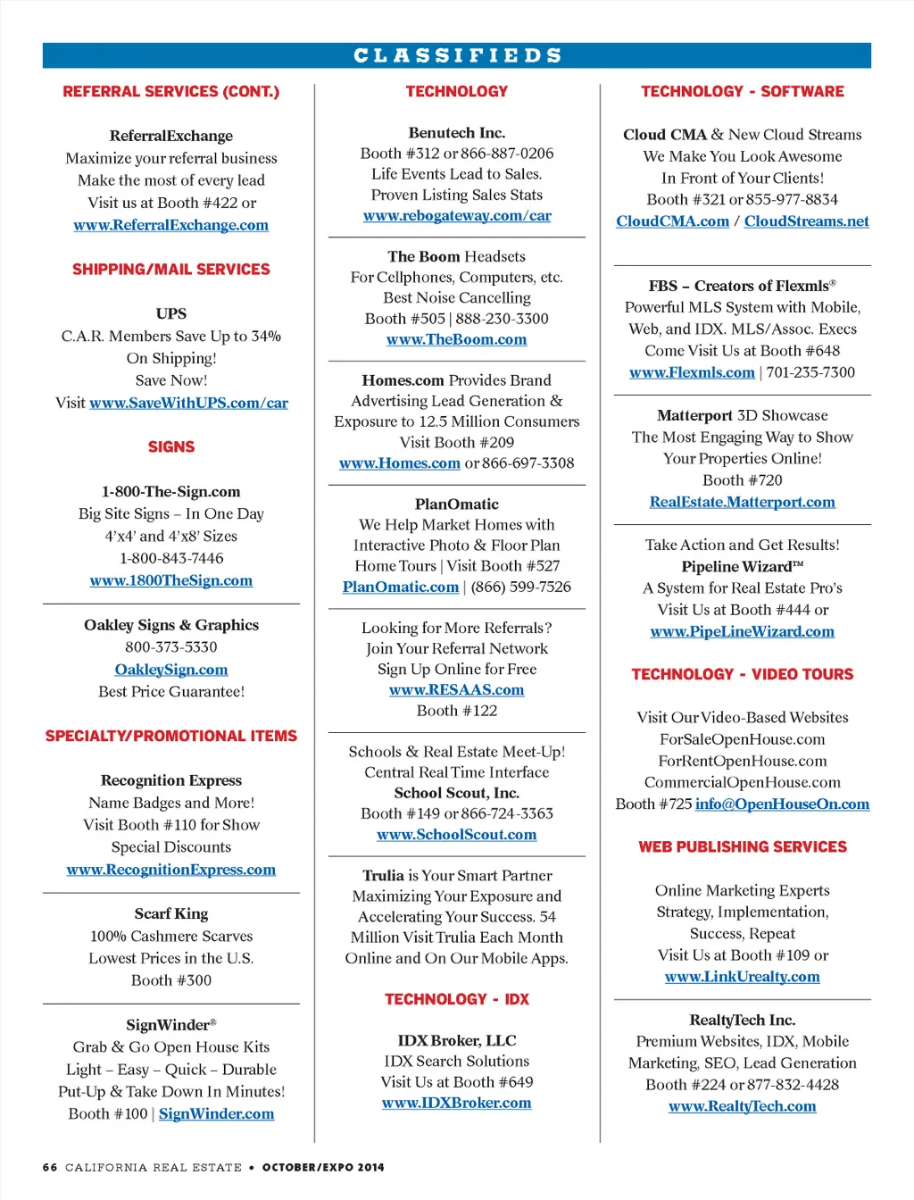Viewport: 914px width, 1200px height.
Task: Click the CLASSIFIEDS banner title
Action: (457, 55)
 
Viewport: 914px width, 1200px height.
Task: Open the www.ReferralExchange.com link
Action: (170, 225)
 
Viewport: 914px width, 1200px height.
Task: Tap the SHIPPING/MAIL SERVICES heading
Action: (170, 269)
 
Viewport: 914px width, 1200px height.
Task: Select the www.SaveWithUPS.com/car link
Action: (188, 403)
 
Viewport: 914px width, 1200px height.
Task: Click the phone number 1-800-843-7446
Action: (170, 558)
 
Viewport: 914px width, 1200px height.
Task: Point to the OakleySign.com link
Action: (170, 670)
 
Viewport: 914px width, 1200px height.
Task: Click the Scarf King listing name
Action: (170, 913)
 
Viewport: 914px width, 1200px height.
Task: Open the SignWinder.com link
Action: (216, 1113)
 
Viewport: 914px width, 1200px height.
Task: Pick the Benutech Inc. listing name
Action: (456, 132)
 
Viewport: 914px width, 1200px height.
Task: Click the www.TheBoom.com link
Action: (456, 339)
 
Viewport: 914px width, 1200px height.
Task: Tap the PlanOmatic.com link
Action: (400, 587)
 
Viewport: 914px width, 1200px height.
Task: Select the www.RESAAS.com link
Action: (456, 689)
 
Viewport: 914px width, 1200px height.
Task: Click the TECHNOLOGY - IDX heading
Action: (456, 999)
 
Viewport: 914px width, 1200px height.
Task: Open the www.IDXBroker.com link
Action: (456, 1103)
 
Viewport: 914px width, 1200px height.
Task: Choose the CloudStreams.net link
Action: (806, 221)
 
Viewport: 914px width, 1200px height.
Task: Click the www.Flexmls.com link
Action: (692, 372)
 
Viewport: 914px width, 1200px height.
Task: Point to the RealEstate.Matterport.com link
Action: (742, 502)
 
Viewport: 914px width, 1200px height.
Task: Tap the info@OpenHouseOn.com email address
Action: (782, 804)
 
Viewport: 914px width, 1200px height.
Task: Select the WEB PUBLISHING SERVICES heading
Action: (742, 846)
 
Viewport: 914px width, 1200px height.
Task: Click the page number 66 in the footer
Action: (50, 1167)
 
